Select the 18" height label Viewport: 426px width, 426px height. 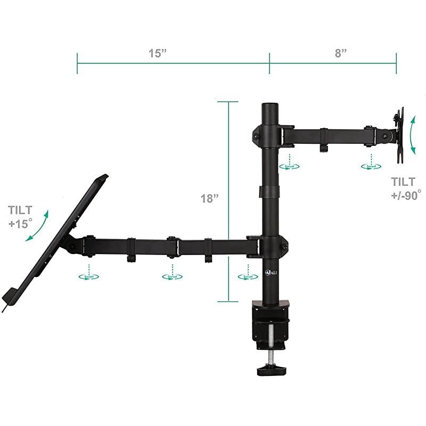tap(210, 199)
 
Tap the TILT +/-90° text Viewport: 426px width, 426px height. tap(405, 187)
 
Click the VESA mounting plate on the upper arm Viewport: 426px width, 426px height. tap(398, 133)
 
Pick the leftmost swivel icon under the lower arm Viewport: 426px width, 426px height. tap(88, 276)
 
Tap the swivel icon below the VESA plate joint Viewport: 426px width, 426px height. tap(370, 166)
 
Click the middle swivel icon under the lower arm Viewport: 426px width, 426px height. tap(171, 276)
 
